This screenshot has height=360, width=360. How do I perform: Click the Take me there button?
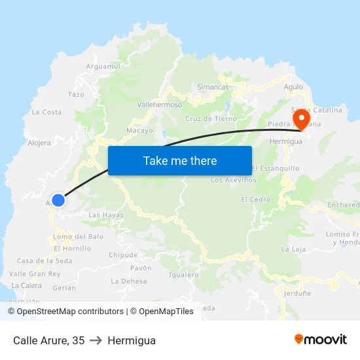pos(180,160)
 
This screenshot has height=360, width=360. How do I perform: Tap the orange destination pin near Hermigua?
pos(302,120)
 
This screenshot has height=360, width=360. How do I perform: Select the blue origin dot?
pos(58,200)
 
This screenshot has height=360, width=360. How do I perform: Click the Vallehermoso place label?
pos(160,104)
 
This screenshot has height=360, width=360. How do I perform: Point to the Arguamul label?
pos(103,66)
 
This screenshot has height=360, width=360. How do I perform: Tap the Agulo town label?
pos(293,86)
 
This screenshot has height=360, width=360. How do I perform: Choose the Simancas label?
pos(213,86)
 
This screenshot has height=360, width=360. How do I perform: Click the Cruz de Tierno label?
pos(211,118)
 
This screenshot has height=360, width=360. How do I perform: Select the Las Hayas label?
pos(105,215)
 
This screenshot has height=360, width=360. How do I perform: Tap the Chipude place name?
pos(123,255)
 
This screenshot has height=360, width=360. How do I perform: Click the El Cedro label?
pos(255,199)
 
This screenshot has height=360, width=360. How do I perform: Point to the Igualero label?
pos(183,275)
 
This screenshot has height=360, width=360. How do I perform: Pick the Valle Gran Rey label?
pos(35,274)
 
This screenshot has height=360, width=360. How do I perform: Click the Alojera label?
pos(39,143)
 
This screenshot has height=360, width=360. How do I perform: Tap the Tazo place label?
pos(76,94)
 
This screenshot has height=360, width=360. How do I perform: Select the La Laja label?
pos(293,249)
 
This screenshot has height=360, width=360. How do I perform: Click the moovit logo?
pos(320,339)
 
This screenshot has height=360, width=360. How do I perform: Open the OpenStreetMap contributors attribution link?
pos(65,312)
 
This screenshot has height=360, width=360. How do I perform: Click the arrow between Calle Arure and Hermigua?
pos(96,340)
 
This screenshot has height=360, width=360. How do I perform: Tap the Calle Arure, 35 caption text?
pos(49,340)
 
